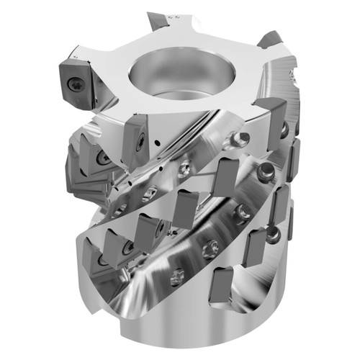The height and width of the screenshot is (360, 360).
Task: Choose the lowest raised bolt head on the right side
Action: (x=271, y=232)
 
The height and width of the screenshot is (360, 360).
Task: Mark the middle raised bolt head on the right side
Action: (x=266, y=172)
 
